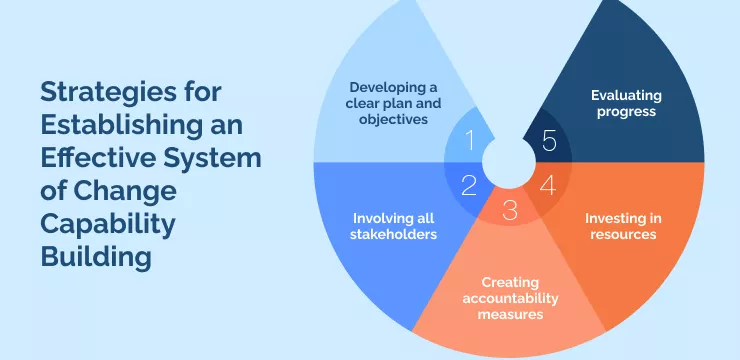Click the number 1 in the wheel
[x=471, y=140]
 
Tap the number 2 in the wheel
[x=469, y=185]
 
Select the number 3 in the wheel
[x=510, y=210]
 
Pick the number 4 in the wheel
[x=547, y=185]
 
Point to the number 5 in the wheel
[x=548, y=141]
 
